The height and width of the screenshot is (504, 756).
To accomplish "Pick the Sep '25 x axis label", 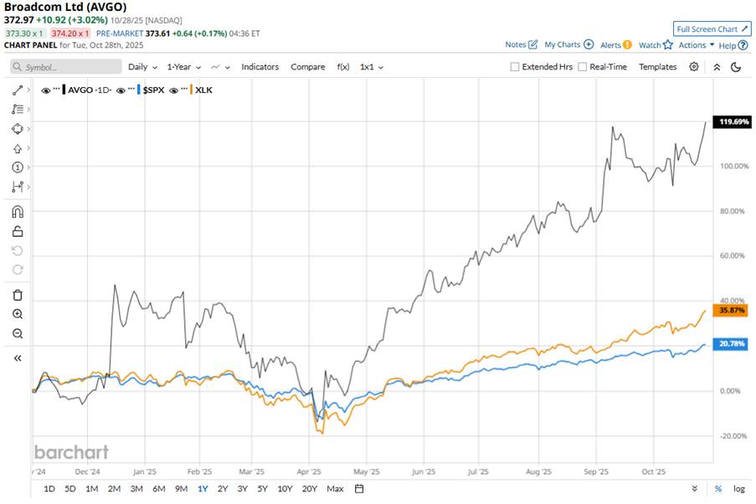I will click(x=595, y=471).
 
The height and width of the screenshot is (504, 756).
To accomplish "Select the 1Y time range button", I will click(x=202, y=488).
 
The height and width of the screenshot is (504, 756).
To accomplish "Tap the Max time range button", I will click(x=335, y=488).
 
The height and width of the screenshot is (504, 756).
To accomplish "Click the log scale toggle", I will click(x=739, y=488).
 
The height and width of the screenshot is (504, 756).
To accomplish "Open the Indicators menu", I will click(x=260, y=67).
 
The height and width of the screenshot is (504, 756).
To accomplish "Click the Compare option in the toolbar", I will click(x=307, y=67).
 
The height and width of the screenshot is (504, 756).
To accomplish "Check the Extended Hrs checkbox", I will click(x=516, y=67).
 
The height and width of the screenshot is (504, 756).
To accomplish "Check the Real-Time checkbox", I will click(x=583, y=67).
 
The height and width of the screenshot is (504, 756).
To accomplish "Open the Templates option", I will click(x=657, y=67).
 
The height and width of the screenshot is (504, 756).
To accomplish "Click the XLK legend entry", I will click(x=203, y=89).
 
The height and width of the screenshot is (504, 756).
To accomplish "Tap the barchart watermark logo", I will click(x=71, y=452).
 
